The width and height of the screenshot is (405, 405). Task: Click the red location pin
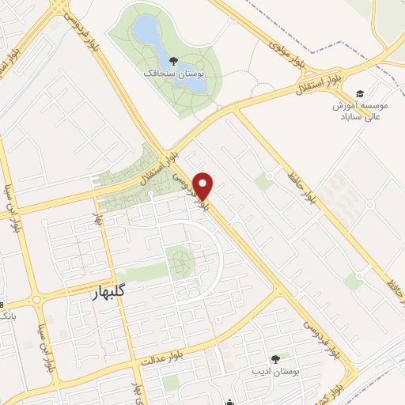pyautogui.click(x=204, y=185)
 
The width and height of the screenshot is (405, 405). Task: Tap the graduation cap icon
pyautogui.click(x=361, y=93)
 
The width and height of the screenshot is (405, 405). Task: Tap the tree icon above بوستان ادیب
pyautogui.click(x=275, y=359)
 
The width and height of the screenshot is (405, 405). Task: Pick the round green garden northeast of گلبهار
pyautogui.click(x=181, y=259)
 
